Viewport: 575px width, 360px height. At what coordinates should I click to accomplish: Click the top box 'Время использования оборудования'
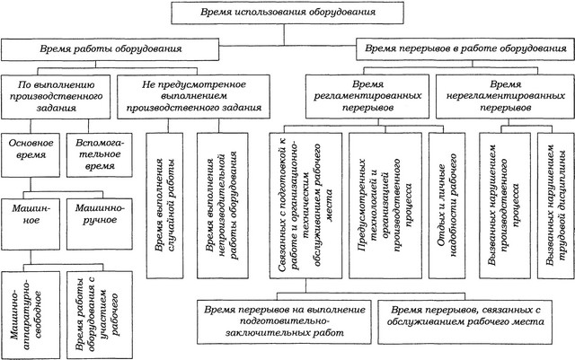pyautogui.click(x=287, y=13)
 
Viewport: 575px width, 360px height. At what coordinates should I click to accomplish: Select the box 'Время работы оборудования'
pyautogui.click(x=110, y=49)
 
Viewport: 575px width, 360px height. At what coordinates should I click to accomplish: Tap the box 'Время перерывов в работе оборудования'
pyautogui.click(x=465, y=48)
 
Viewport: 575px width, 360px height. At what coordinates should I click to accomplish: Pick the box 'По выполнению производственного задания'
pyautogui.click(x=56, y=97)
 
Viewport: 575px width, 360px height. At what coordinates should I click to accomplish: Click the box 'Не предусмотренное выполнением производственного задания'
pyautogui.click(x=194, y=96)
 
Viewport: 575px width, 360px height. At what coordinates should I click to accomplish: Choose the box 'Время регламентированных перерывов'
pyautogui.click(x=367, y=96)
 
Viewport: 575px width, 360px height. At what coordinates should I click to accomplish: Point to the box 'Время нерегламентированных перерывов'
pyautogui.click(x=505, y=96)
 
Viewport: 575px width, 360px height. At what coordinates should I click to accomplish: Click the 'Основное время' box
pyautogui.click(x=31, y=155)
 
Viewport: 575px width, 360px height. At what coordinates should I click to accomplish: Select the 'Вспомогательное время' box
pyautogui.click(x=100, y=155)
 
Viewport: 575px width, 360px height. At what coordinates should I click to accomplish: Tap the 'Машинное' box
pyautogui.click(x=31, y=224)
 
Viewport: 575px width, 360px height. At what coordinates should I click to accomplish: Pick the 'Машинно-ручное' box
pyautogui.click(x=100, y=224)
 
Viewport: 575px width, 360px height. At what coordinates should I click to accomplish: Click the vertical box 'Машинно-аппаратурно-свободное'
pyautogui.click(x=31, y=315)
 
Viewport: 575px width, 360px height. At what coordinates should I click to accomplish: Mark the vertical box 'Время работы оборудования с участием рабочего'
pyautogui.click(x=100, y=315)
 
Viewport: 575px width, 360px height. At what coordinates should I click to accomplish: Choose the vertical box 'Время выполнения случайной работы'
pyautogui.click(x=164, y=206)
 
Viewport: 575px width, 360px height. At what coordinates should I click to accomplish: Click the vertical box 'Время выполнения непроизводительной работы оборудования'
pyautogui.click(x=223, y=206)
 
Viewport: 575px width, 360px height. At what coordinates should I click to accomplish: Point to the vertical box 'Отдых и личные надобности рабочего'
pyautogui.click(x=447, y=206)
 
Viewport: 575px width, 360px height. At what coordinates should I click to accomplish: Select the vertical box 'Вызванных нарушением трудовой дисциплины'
pyautogui.click(x=556, y=206)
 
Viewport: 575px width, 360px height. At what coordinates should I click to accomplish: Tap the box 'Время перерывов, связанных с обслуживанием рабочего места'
pyautogui.click(x=465, y=322)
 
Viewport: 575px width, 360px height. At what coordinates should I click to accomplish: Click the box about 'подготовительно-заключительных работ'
pyautogui.click(x=284, y=322)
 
